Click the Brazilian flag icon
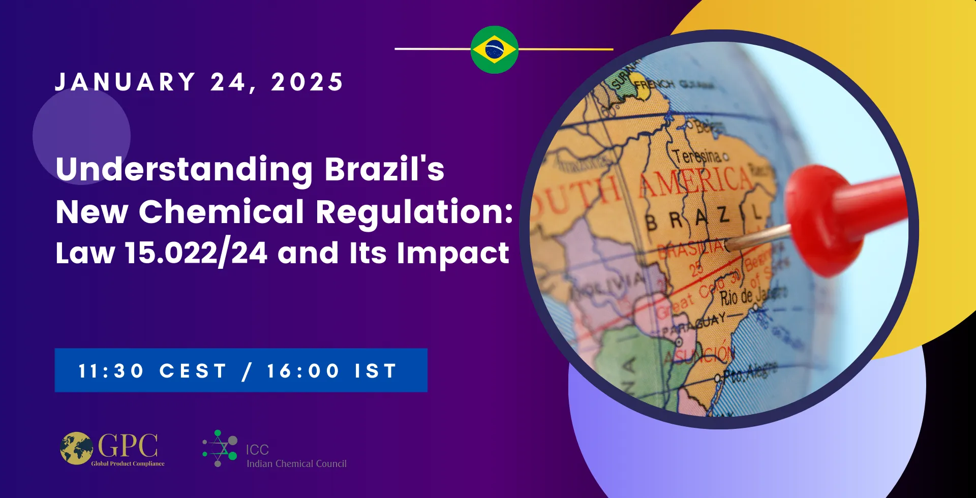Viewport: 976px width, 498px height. (x=494, y=50)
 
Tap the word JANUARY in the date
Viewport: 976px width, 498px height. (x=125, y=82)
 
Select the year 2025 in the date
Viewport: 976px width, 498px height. (x=307, y=82)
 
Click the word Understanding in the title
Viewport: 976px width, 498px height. (x=184, y=169)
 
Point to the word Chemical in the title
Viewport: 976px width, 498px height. (x=221, y=211)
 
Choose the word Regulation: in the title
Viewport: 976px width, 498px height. (x=414, y=212)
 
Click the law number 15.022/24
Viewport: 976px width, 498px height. (x=196, y=253)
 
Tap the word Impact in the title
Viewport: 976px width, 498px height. (x=452, y=253)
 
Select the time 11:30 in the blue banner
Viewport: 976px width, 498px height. (x=111, y=371)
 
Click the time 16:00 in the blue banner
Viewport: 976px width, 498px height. (x=303, y=371)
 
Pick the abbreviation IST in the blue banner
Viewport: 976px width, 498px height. (x=376, y=371)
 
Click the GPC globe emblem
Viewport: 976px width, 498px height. (x=77, y=448)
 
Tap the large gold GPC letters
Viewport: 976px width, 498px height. (x=128, y=446)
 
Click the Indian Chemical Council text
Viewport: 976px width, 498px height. (x=296, y=463)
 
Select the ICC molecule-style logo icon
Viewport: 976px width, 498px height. (x=220, y=448)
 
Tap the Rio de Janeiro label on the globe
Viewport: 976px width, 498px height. (x=752, y=295)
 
